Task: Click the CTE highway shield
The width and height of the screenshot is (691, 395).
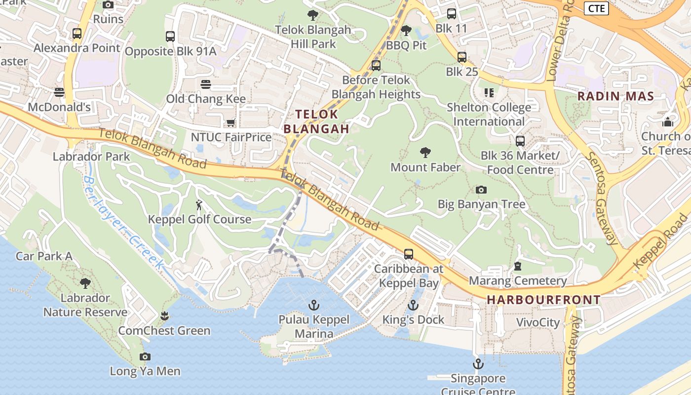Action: tap(596, 8)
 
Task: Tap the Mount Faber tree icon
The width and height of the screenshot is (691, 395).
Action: tap(425, 152)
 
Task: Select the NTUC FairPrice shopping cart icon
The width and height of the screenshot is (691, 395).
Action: tap(230, 122)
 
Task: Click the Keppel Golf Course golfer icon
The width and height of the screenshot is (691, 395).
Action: tap(199, 204)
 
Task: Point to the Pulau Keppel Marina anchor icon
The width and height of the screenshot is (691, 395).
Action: tap(313, 305)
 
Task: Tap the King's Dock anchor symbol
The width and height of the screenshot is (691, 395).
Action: tap(413, 305)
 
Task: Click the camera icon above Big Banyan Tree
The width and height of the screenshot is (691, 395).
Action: tap(481, 190)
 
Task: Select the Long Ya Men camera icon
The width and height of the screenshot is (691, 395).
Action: tap(145, 356)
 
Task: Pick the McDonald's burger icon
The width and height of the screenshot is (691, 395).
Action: tap(59, 92)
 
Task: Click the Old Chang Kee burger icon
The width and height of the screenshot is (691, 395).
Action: tap(206, 84)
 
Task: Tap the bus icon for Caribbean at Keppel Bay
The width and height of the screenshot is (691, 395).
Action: tap(409, 254)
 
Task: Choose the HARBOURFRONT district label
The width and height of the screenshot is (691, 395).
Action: tap(543, 300)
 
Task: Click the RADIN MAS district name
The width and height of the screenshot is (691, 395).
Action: tap(615, 96)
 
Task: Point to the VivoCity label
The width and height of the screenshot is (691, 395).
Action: tap(538, 323)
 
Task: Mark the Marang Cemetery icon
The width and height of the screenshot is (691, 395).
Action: tap(518, 266)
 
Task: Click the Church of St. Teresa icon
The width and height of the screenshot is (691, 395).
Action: tap(668, 121)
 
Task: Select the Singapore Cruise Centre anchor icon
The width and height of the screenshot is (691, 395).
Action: tap(478, 364)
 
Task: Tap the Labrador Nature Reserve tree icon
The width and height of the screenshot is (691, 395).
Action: tap(85, 283)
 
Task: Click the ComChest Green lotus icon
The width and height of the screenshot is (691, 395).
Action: tap(164, 316)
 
